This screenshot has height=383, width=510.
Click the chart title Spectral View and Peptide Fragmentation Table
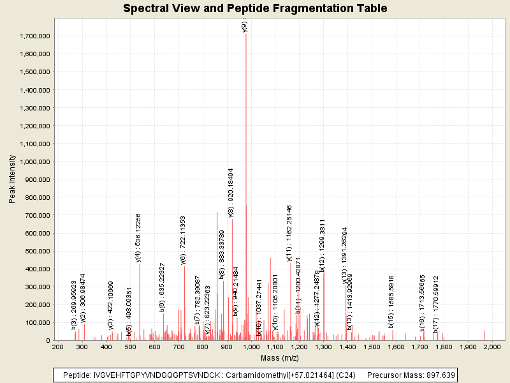coord(255,9)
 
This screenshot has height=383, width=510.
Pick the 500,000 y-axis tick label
coord(35,251)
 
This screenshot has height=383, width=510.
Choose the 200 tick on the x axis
coord(57,347)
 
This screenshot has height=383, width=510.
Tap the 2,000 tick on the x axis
coord(492,347)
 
